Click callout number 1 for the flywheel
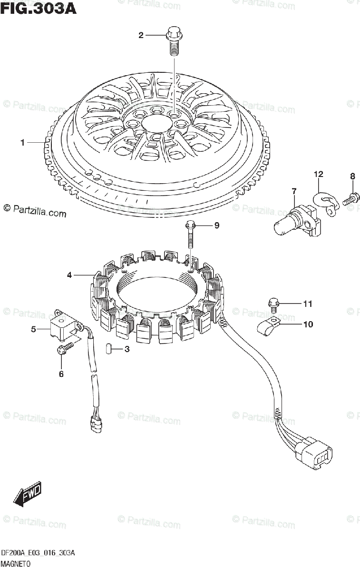[22, 142]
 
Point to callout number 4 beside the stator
[69, 275]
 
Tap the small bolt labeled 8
[350, 197]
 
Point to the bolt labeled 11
[273, 303]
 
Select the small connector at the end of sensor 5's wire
[97, 423]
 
